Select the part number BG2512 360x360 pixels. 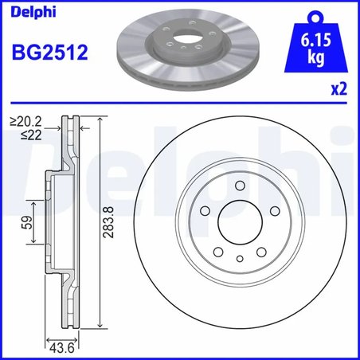(x=49, y=53)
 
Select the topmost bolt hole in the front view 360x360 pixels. (x=240, y=184)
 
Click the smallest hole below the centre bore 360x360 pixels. (x=240, y=257)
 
